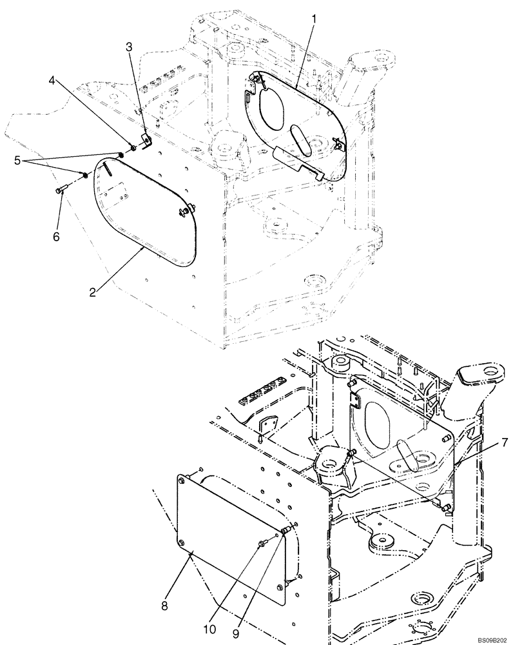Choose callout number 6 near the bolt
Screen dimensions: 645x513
click(56, 237)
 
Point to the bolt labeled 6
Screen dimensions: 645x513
click(61, 189)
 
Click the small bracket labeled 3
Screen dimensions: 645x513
click(146, 138)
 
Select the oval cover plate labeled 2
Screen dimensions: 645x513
click(145, 210)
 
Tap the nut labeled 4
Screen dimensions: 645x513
click(131, 148)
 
